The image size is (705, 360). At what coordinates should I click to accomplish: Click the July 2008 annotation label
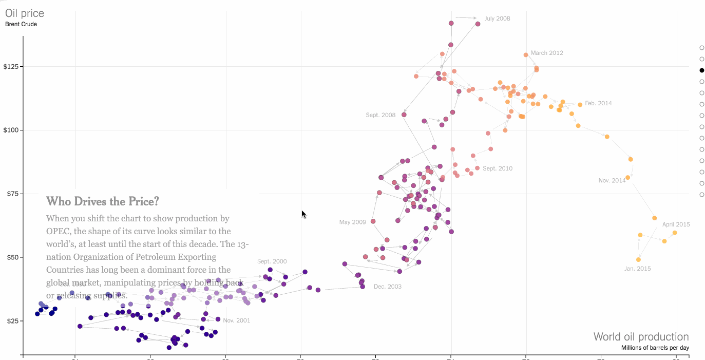(497, 18)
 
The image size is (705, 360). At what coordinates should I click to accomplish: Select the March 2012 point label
(547, 53)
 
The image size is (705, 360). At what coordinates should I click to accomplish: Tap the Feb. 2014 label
(598, 103)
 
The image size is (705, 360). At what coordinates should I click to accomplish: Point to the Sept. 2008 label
(380, 115)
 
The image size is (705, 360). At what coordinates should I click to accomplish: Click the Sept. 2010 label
(498, 168)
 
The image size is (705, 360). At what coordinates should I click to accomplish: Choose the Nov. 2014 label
(612, 180)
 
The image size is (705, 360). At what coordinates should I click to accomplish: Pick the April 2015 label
(676, 224)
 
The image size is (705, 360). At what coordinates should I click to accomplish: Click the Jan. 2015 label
(637, 269)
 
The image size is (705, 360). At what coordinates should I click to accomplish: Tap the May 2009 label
(352, 222)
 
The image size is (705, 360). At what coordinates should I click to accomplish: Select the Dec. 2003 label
(388, 287)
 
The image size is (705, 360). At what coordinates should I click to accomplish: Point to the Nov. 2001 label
(236, 320)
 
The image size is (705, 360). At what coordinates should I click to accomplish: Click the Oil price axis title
(25, 13)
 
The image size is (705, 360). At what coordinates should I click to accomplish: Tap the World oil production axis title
(641, 337)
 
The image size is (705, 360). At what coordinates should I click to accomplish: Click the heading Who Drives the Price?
(103, 201)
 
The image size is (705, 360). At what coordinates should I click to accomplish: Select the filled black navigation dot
(702, 70)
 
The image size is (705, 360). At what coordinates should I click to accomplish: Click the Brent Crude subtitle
(21, 24)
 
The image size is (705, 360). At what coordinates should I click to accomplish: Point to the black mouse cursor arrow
(303, 214)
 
